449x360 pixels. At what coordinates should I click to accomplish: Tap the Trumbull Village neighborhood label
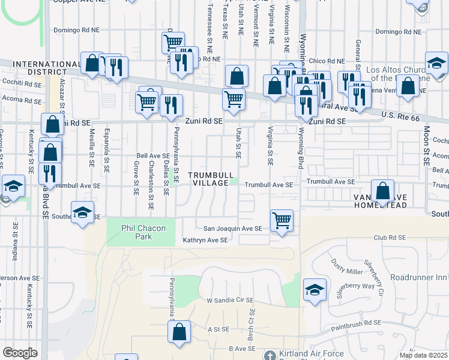(208, 179)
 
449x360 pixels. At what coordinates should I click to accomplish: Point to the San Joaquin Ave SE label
(232, 229)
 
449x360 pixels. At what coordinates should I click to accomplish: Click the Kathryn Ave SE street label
(205, 240)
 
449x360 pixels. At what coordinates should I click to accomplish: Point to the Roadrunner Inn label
(419, 277)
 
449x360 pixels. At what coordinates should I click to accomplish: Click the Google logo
(20, 352)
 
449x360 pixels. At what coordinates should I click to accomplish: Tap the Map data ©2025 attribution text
(423, 355)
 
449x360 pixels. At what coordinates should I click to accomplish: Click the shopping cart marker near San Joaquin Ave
(282, 220)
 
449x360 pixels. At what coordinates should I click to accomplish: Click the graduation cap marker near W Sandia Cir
(315, 290)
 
